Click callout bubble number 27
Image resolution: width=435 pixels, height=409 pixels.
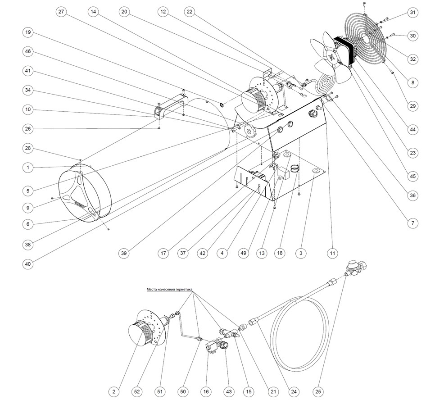[61, 13]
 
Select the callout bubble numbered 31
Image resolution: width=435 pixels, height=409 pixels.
[412, 13]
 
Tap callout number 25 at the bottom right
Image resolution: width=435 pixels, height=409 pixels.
[319, 392]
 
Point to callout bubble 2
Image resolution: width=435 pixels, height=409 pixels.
[114, 392]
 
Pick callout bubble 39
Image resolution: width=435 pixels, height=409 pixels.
[124, 254]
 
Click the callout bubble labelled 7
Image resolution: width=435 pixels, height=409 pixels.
[412, 223]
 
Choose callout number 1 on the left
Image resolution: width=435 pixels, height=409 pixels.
[28, 168]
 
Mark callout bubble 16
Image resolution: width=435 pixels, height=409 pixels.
[206, 392]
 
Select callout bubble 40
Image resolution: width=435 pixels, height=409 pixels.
[28, 264]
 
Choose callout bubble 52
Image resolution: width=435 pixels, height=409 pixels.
[136, 392]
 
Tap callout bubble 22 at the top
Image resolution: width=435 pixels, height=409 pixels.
[189, 13]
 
